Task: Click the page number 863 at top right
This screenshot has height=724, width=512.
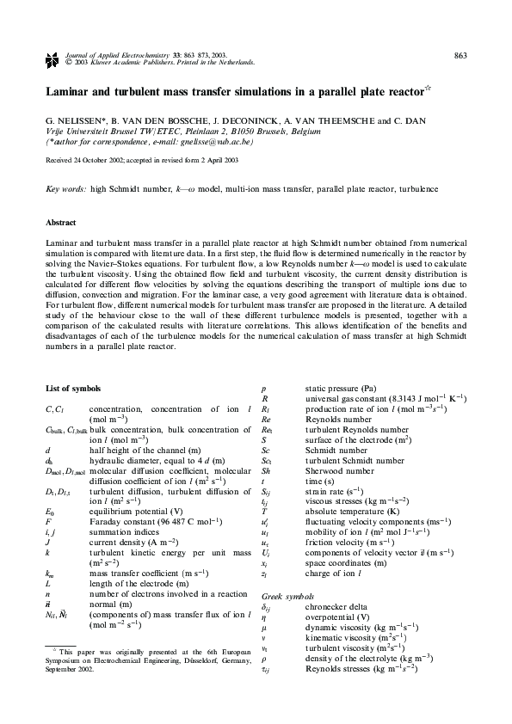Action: (x=460, y=56)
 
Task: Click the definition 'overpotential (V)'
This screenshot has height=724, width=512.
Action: (x=336, y=617)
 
